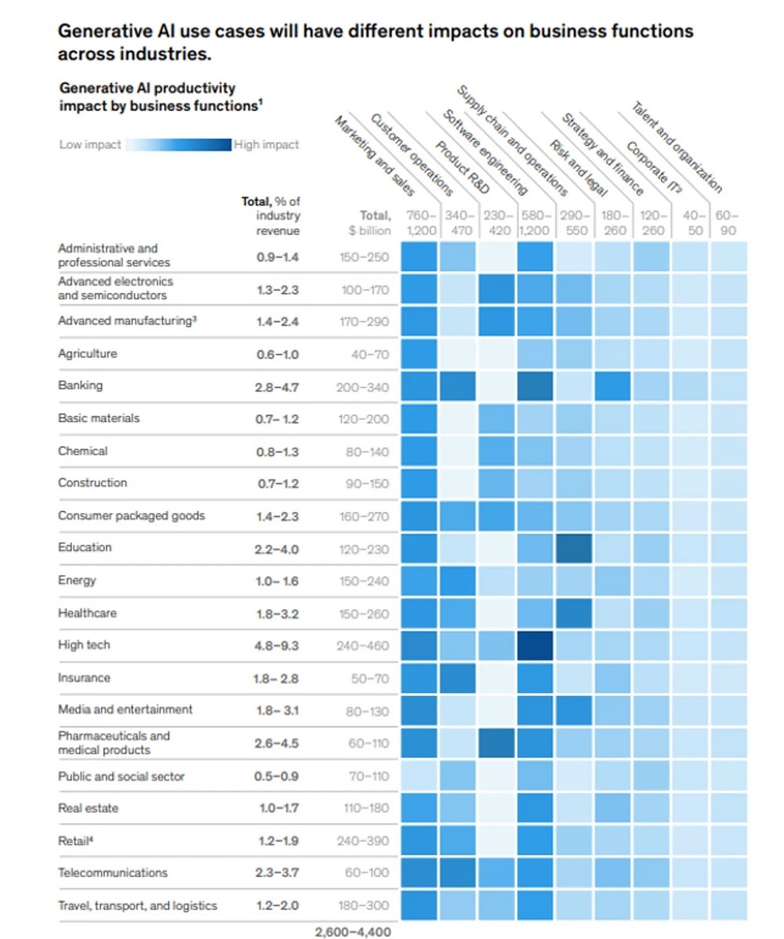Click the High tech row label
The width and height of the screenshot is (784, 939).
click(x=84, y=645)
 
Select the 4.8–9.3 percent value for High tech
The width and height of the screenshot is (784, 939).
click(x=278, y=646)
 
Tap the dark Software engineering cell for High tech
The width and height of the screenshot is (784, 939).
click(x=535, y=646)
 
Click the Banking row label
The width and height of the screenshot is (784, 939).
click(x=80, y=386)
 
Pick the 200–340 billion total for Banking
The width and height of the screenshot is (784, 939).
click(x=362, y=386)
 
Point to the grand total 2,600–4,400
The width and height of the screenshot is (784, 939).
click(x=352, y=932)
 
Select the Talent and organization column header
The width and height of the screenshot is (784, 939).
click(x=676, y=147)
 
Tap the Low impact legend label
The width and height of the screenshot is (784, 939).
click(x=90, y=145)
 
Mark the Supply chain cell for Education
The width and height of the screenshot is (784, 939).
click(x=575, y=548)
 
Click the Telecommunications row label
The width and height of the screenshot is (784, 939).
click(x=113, y=872)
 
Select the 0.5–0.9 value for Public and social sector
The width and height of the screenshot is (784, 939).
click(x=278, y=777)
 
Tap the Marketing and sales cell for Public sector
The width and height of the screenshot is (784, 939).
click(x=419, y=777)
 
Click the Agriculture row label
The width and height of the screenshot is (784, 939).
click(x=87, y=353)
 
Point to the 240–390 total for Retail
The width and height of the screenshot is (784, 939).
click(x=362, y=841)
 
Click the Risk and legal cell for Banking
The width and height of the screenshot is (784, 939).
click(x=613, y=386)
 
